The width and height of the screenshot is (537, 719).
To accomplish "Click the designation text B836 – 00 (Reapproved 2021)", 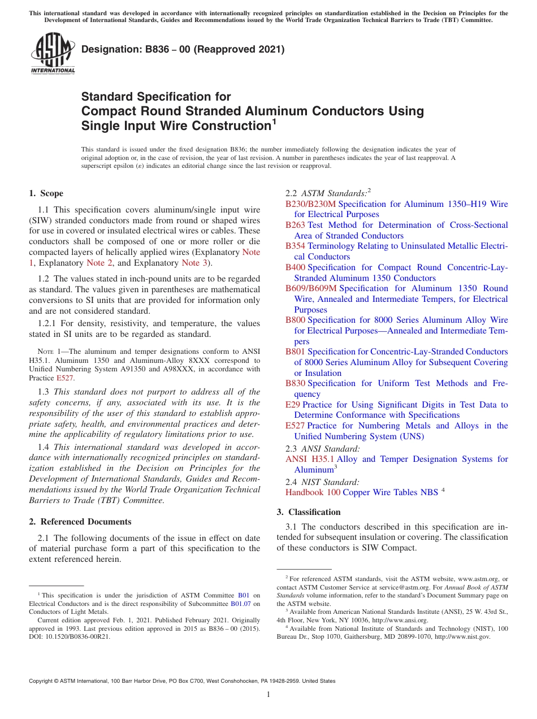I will [183, 50].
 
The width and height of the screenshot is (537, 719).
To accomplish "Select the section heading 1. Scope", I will [46, 193].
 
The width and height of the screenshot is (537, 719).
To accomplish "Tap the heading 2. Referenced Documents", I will [80, 522].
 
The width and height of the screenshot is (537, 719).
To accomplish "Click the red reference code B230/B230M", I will [310, 204].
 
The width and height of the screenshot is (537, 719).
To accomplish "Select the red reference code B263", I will [295, 225].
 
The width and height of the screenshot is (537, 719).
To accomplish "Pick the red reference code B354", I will [295, 246].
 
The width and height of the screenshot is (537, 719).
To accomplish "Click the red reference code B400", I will [295, 267].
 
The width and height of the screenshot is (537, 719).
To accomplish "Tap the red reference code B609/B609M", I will [310, 288].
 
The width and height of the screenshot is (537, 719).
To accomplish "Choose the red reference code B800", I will [295, 320].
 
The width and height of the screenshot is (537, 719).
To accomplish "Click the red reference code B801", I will [295, 352].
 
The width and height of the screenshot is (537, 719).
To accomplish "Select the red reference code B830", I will [295, 383].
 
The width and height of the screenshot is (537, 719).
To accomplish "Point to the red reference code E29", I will [293, 405].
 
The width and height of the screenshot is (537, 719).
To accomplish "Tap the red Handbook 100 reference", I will [313, 492].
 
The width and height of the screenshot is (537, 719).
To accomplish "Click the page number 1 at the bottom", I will [268, 695].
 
